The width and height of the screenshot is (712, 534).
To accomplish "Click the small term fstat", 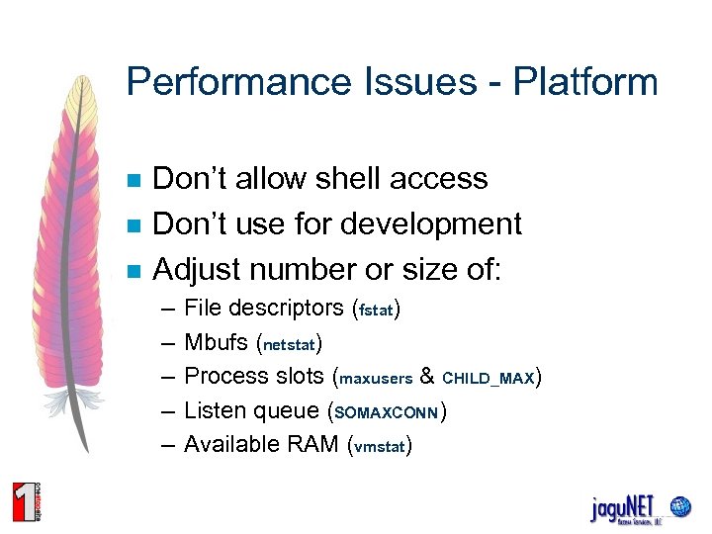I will pos(377,311).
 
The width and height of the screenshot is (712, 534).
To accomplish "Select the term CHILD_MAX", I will pos(488,379).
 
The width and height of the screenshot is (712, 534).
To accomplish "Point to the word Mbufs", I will pos(217,342).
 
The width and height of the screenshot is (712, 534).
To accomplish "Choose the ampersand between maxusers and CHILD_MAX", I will pos(427,377).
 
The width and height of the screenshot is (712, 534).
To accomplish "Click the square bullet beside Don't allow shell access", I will pos(134,180).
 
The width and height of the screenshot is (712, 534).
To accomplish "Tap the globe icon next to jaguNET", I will pos(679,506).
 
